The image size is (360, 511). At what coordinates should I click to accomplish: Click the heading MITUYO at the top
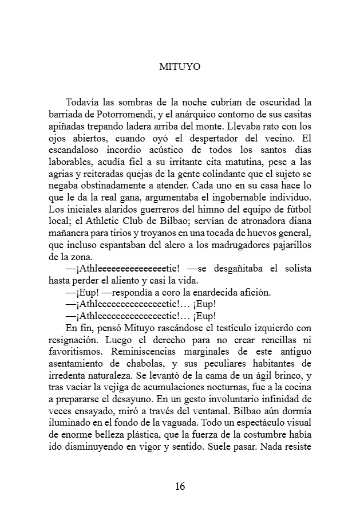[180, 66]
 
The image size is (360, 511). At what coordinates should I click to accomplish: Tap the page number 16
[180, 487]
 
